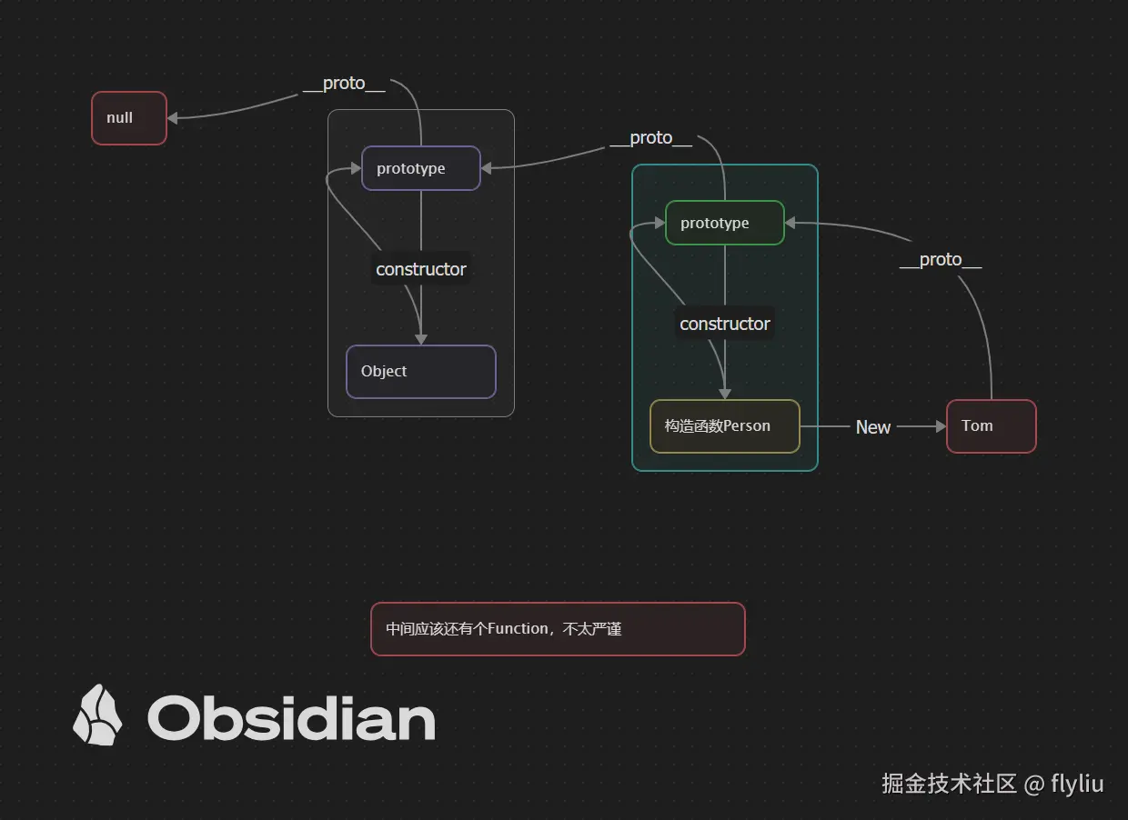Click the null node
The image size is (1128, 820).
[x=129, y=118]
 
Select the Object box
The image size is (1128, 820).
[x=420, y=372]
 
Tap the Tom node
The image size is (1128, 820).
[x=991, y=426]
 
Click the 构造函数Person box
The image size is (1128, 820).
[x=724, y=426]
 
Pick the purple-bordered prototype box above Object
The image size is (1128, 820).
[x=420, y=168]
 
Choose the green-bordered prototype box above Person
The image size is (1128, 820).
[x=724, y=223]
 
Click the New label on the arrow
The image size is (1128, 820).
[x=873, y=427]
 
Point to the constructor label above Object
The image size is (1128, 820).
[x=421, y=269]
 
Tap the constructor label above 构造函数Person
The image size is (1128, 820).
[x=725, y=324]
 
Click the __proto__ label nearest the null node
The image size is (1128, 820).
[x=344, y=84]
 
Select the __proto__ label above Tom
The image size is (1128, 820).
[x=941, y=260]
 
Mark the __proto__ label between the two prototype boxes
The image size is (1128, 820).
[x=650, y=138]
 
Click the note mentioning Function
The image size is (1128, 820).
[x=558, y=629]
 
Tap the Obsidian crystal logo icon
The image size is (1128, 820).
[x=97, y=715]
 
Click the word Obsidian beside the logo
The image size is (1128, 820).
[x=291, y=719]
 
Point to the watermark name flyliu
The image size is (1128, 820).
[x=1077, y=784]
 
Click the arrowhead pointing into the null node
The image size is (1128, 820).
[x=172, y=118]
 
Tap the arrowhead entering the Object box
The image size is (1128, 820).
[x=420, y=339]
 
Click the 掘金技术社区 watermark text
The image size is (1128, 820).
[x=949, y=784]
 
